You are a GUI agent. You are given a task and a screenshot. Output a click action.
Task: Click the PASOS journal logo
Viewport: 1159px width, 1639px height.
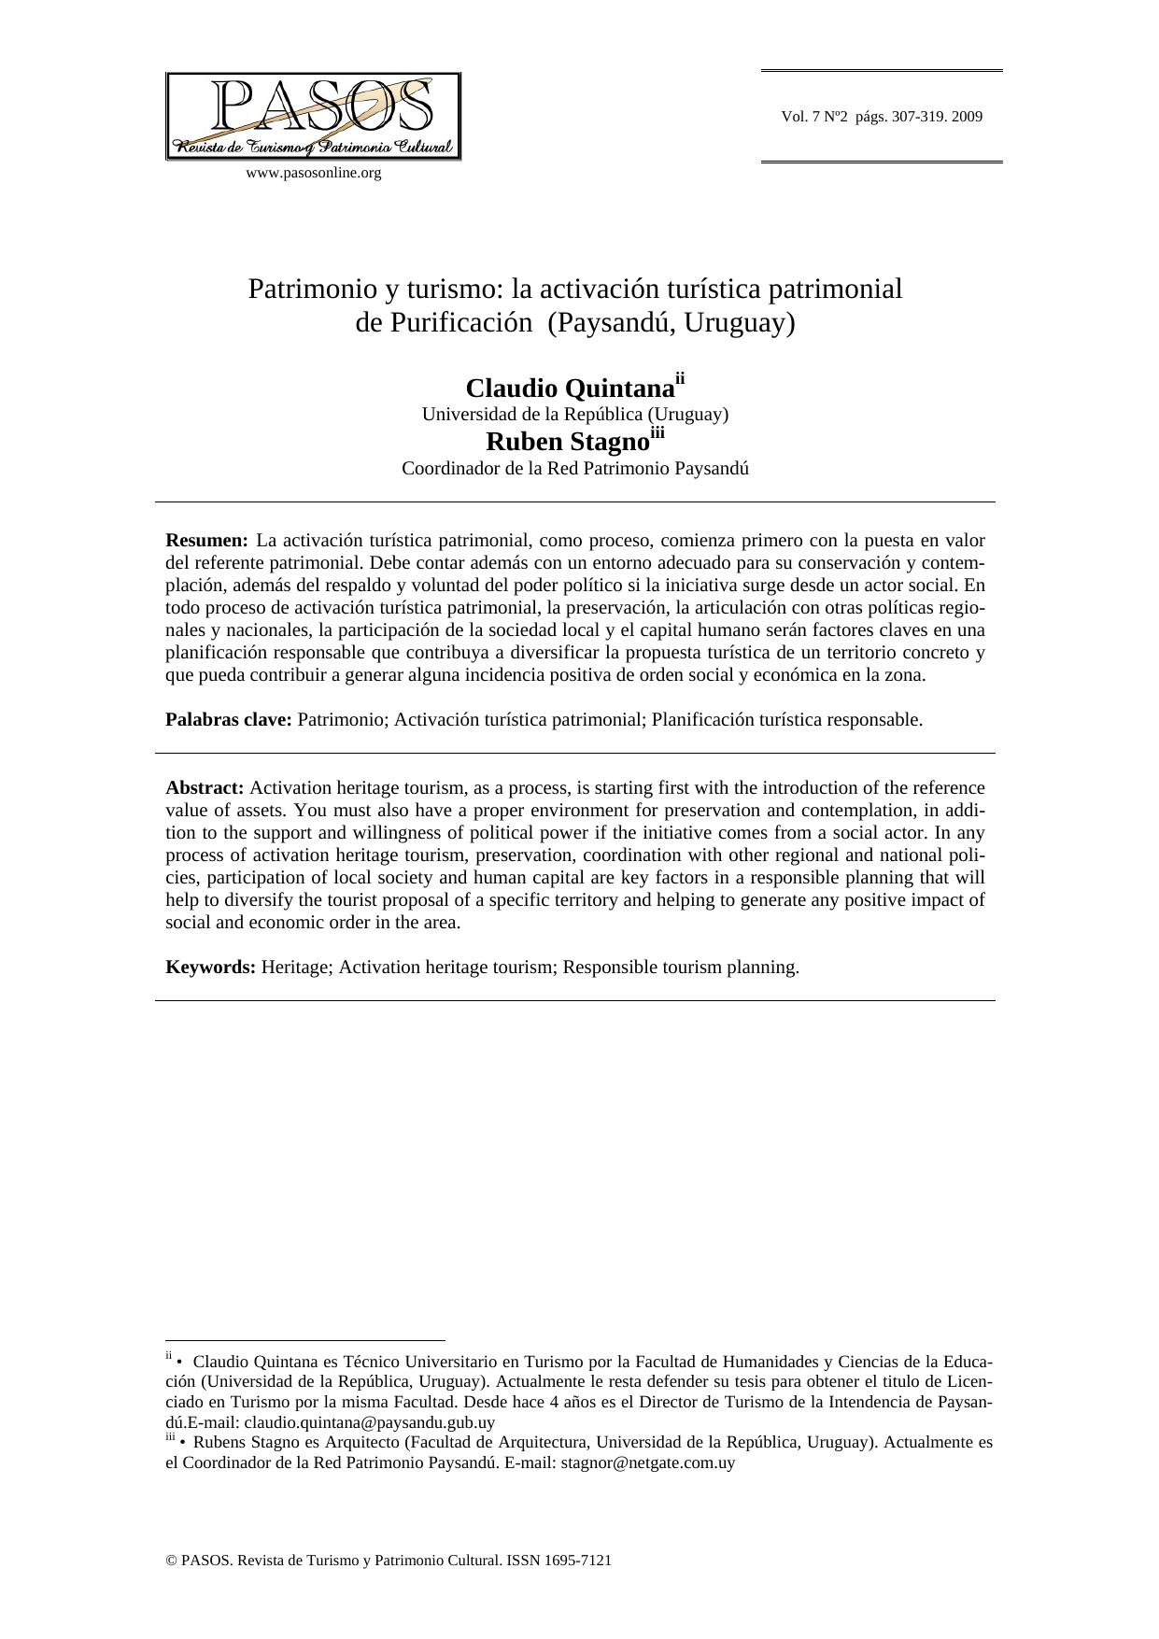click(x=313, y=116)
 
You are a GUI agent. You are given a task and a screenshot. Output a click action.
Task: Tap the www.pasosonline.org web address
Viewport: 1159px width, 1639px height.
click(x=313, y=173)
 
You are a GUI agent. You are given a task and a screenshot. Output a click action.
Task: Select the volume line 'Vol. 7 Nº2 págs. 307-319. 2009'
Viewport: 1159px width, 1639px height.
click(x=882, y=117)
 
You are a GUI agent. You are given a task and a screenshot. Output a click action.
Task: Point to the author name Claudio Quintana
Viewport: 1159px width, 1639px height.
click(x=570, y=389)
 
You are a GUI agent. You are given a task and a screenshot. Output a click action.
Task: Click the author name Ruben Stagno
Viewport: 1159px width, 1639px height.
click(x=567, y=442)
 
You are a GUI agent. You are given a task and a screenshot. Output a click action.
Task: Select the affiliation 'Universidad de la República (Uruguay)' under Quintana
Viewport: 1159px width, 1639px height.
click(x=574, y=414)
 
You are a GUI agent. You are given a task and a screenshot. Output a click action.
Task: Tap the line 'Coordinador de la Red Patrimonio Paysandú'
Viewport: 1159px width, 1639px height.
click(x=574, y=468)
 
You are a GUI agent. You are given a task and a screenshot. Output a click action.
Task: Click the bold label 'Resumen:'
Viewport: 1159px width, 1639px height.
click(x=206, y=541)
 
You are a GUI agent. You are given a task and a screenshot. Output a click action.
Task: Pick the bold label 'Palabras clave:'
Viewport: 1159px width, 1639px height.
click(x=229, y=720)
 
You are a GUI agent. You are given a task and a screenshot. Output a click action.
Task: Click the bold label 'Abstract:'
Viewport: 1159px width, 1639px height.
click(x=205, y=788)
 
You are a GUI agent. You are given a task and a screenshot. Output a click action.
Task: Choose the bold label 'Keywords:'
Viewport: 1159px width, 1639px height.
click(x=210, y=968)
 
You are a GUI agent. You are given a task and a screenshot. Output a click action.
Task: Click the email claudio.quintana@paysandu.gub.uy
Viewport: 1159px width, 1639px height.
click(x=369, y=1422)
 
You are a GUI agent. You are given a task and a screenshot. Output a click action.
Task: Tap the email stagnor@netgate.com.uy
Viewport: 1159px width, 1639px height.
click(x=647, y=1462)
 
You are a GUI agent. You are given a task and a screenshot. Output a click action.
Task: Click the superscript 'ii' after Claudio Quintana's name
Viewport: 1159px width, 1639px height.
click(x=680, y=378)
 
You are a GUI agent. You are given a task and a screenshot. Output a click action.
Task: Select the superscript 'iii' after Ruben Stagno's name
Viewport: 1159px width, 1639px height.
click(x=657, y=431)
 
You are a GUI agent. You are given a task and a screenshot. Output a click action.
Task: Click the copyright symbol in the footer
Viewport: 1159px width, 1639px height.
click(x=171, y=1560)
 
